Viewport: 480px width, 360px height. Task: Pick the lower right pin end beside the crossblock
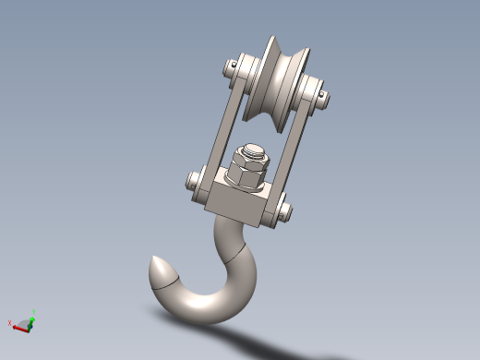(x=282, y=210)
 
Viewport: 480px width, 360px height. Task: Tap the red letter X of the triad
(x=10, y=323)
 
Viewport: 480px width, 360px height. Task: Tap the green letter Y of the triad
(x=32, y=312)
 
